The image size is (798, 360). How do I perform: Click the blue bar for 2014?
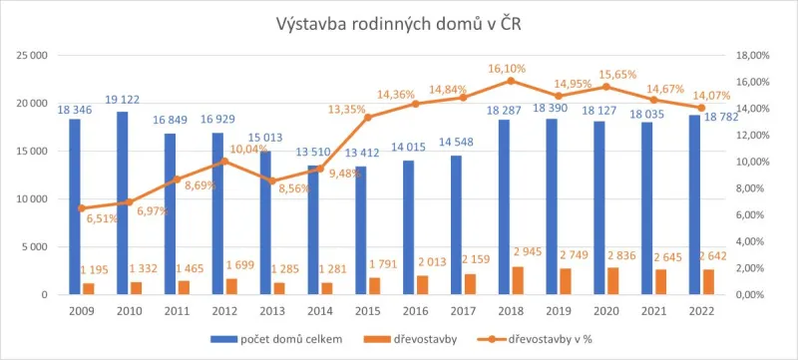[313, 229]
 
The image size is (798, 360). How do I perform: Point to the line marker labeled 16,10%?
[510, 81]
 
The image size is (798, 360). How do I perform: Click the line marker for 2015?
[367, 117]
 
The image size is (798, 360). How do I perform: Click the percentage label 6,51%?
[101, 218]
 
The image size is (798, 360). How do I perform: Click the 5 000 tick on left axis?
[36, 247]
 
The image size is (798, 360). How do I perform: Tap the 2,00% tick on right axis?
[756, 268]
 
